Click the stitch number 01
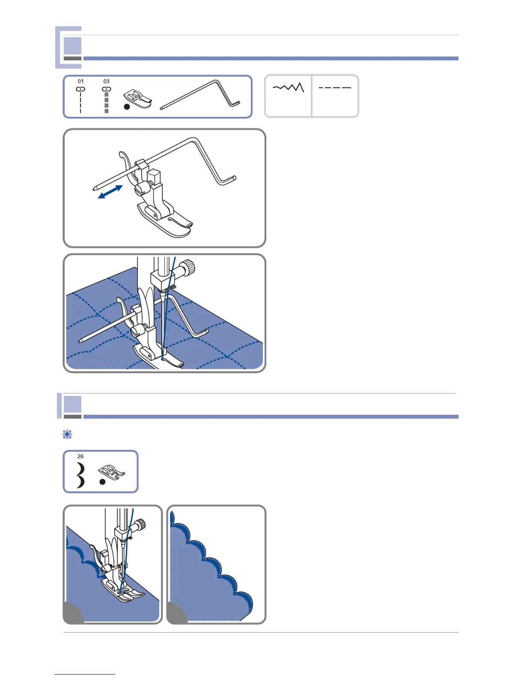point(80,81)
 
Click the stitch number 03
point(107,81)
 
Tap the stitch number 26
point(80,456)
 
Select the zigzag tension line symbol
point(288,87)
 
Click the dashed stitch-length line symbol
point(335,88)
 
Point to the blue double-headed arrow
point(110,192)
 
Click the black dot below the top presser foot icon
point(127,107)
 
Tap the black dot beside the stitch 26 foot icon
point(102,482)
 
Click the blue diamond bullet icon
point(67,434)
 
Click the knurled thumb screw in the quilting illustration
point(188,268)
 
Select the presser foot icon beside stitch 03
point(138,99)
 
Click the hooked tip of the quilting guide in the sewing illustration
point(204,333)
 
